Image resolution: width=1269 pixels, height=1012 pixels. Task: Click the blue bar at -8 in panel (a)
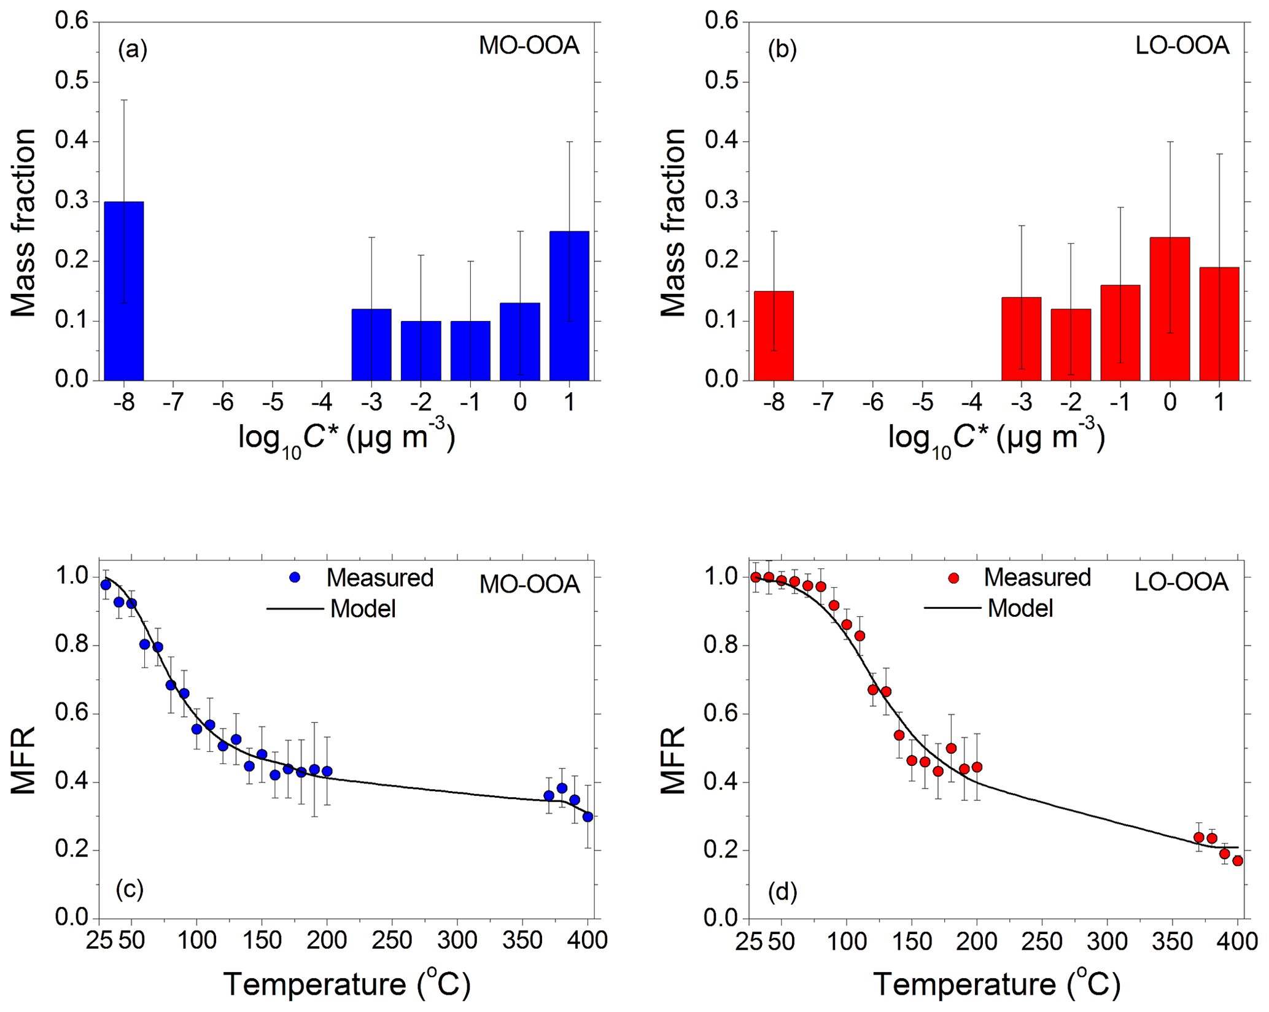coord(123,291)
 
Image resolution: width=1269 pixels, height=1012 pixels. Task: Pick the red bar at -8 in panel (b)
coord(774,336)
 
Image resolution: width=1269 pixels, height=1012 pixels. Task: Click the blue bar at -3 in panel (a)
coord(371,344)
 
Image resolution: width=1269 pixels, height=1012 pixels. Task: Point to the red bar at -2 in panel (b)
coord(1071,344)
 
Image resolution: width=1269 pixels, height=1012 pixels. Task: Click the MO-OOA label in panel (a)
coord(529,46)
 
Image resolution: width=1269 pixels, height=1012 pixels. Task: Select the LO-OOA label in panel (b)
coord(1182,46)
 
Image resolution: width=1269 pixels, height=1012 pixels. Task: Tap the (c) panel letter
coord(130,889)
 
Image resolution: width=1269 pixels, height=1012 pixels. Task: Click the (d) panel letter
coord(782,892)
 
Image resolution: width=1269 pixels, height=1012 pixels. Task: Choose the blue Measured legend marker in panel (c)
coord(295,577)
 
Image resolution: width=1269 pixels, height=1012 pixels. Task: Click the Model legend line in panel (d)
coord(952,608)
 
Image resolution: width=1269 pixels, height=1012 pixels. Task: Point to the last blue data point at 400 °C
coord(588,817)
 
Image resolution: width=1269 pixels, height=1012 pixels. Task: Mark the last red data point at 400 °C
coord(1238,861)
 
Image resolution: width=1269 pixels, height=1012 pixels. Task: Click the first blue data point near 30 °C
coord(106,585)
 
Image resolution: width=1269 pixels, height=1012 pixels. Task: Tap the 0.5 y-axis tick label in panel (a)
coord(72,82)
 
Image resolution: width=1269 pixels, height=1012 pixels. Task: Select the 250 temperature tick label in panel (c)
coord(392,940)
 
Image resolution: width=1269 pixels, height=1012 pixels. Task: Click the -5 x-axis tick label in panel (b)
coord(922,402)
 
